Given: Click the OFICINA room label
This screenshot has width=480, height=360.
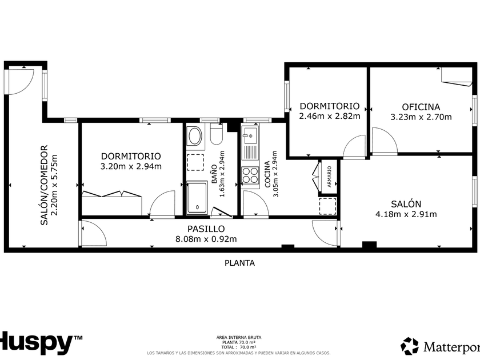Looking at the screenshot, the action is coord(421,107).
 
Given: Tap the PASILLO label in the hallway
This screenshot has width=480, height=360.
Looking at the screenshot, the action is coord(206,229).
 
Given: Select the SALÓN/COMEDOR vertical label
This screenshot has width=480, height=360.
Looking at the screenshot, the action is coord(45,185).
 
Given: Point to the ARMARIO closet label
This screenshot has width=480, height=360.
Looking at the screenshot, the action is coord(329,177).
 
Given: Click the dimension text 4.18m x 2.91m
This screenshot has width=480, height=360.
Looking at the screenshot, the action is coord(406,214).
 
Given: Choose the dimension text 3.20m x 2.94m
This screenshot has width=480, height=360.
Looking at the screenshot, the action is coord(131,166).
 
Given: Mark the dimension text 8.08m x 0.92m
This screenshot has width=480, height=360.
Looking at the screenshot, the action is coord(206,239).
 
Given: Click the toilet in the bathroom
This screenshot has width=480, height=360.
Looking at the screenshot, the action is coord(216,134).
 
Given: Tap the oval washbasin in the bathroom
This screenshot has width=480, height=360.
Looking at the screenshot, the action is coord(194,136).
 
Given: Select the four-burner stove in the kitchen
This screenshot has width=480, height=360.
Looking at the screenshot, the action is coord(250,175).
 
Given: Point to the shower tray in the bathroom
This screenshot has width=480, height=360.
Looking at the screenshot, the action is coord(197,198).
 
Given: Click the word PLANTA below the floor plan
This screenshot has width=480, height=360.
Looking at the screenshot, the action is coord(239,263).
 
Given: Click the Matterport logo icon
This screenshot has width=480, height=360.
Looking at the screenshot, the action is coord(410,346).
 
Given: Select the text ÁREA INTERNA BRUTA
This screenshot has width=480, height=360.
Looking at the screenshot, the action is coord(239,337).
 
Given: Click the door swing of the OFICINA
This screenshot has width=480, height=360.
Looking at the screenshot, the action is coord(385,141).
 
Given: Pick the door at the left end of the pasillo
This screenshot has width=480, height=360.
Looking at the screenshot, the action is coord(94,234).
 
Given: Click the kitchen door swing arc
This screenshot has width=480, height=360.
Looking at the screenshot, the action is coord(256,203).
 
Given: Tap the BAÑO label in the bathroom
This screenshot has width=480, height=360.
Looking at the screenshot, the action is coord(214,174).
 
